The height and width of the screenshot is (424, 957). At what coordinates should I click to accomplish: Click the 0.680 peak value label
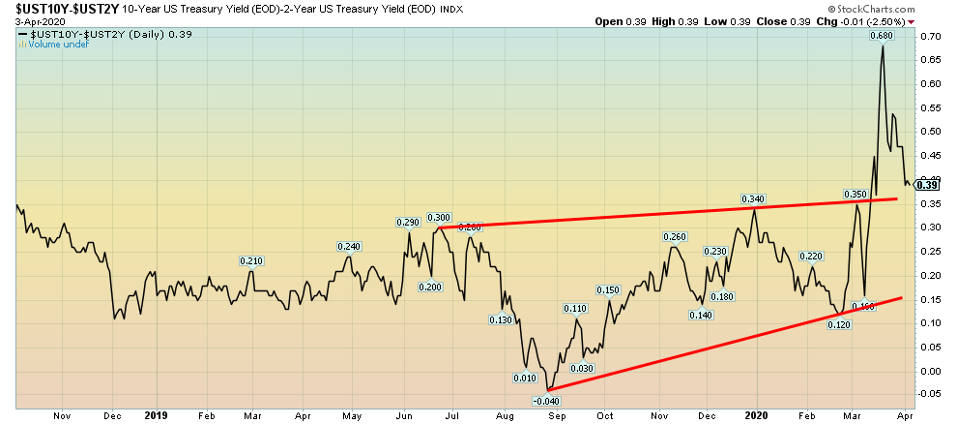[880, 37]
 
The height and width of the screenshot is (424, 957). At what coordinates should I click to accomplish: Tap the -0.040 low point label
[548, 400]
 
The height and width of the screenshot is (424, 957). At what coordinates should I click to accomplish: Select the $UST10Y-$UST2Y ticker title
[61, 9]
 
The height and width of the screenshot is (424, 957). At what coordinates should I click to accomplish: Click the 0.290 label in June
[407, 223]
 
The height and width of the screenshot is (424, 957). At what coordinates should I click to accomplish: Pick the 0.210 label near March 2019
[251, 260]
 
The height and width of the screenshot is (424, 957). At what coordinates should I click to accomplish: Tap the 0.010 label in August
[526, 378]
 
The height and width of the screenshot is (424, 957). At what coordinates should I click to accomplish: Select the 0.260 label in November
[674, 237]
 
